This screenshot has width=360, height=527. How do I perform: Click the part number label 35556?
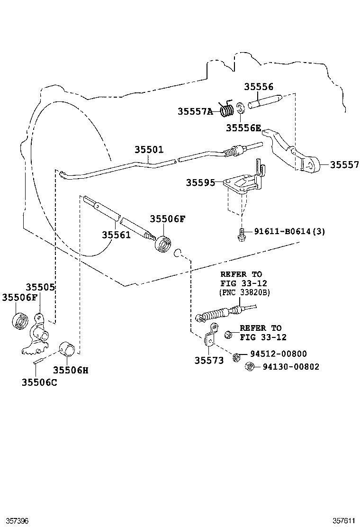point(259,87)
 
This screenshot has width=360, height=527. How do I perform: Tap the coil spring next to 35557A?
point(228,110)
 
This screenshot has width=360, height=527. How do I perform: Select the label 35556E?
point(243,127)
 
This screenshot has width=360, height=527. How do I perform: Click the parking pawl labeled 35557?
point(294,152)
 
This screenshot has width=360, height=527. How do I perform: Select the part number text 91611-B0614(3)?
point(289,231)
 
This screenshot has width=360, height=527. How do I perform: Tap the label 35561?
point(116,235)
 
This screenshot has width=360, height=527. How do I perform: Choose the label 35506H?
point(71,370)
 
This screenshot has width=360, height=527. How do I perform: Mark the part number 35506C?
point(39,382)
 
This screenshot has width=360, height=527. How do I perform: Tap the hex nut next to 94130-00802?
point(251,366)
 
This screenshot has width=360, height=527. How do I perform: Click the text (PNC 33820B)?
point(244,292)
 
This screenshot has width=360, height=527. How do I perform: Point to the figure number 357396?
point(16,520)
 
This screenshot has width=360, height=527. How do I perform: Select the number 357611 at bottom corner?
point(343,520)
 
